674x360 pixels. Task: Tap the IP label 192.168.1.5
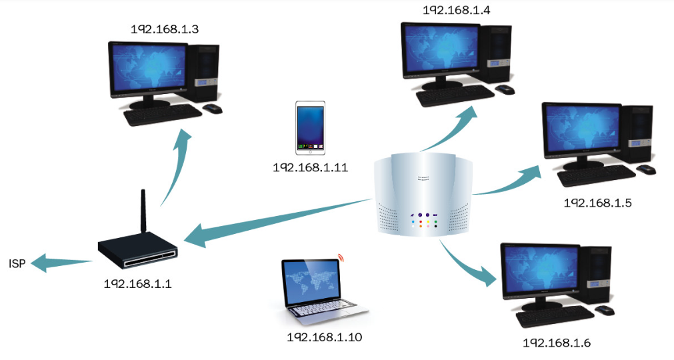point(597,202)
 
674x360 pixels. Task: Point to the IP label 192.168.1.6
point(557,343)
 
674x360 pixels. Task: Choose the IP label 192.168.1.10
point(325,337)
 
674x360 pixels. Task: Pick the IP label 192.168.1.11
point(311,167)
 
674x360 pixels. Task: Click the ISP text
point(17,264)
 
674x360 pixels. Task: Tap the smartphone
point(311,127)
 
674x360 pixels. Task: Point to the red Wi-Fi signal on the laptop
point(342,257)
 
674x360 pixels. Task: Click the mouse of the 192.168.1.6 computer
point(605,310)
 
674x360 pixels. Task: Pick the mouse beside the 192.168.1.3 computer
point(212,108)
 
